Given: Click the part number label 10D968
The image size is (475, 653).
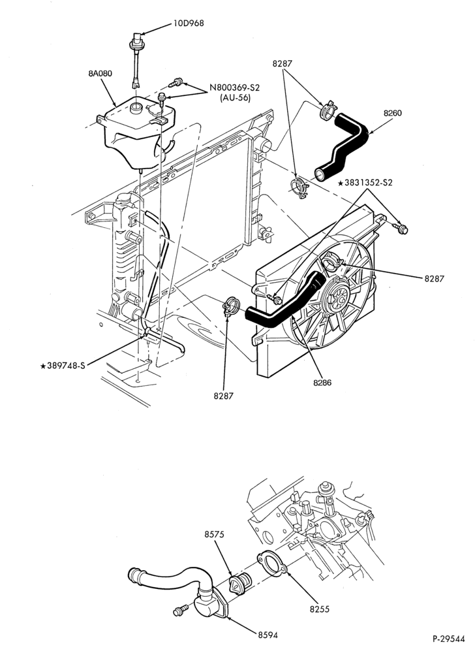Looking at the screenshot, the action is (189, 24).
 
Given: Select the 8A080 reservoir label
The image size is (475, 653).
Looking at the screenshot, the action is (100, 74).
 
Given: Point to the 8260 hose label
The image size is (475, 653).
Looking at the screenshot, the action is (393, 113).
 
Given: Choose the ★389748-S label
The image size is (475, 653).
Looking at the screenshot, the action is (63, 366).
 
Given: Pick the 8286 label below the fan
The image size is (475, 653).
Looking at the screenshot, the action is (322, 382).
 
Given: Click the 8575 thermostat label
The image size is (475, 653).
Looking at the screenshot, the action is (214, 534).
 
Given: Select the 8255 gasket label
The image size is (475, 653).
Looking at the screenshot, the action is (320, 609).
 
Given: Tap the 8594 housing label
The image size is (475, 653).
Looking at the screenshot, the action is (268, 635).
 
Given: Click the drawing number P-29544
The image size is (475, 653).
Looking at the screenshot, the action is (448, 639).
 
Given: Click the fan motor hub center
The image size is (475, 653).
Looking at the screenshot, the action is (336, 296).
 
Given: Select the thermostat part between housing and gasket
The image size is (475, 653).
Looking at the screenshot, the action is (240, 581).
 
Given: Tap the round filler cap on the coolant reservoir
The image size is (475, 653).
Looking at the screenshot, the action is (136, 108).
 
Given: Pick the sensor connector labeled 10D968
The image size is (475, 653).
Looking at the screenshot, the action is (136, 59).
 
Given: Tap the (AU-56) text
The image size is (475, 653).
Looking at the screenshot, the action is (235, 99).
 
